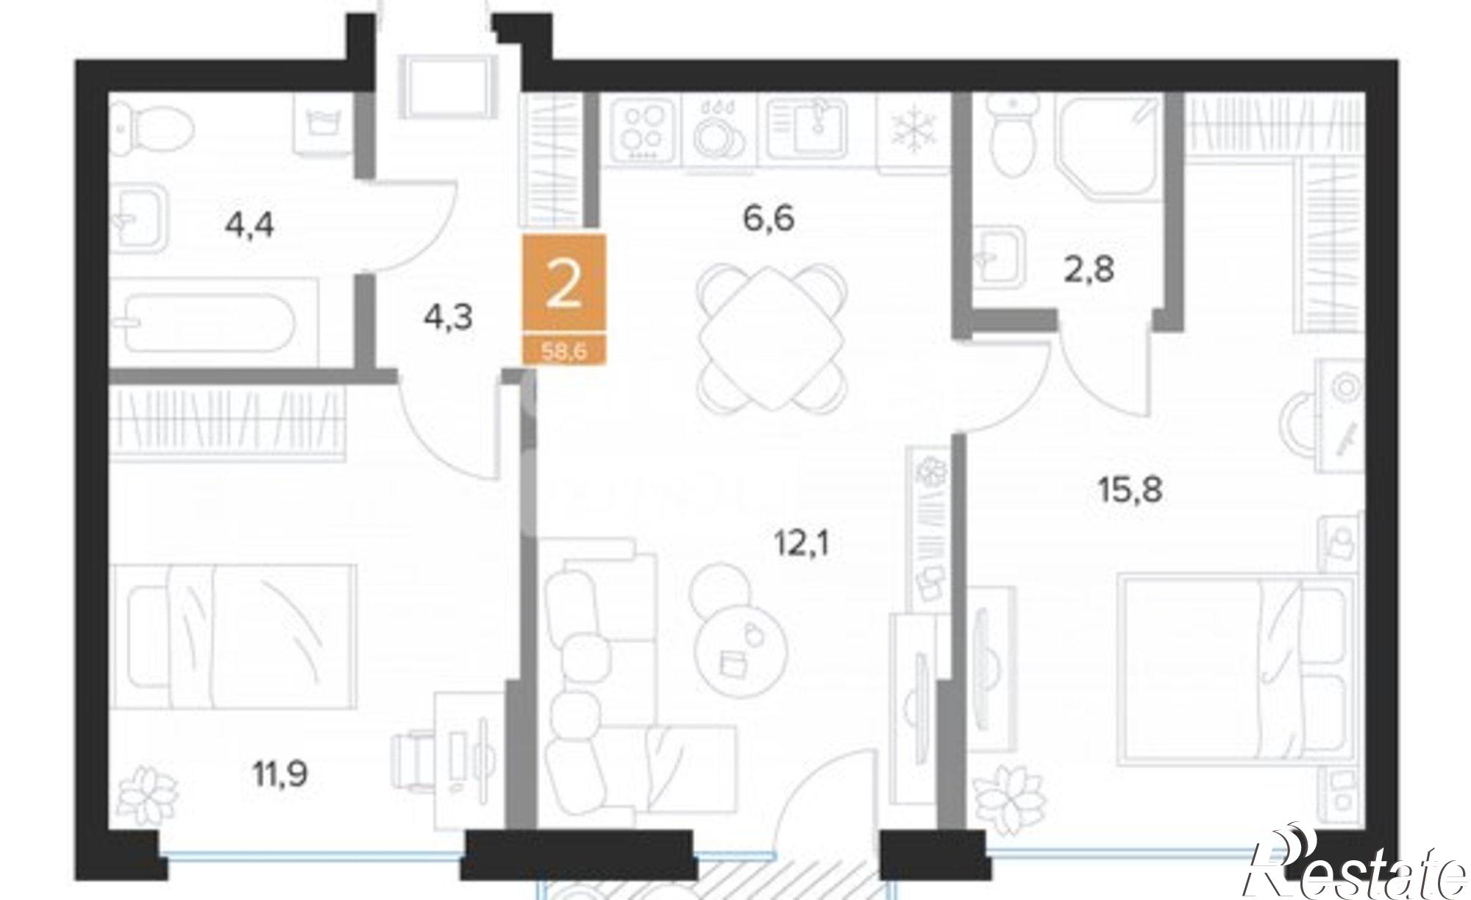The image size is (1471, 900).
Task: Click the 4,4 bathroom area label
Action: point(249,224)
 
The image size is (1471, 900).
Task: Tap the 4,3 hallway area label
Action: point(447,318)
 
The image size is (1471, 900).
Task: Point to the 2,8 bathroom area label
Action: point(1089,269)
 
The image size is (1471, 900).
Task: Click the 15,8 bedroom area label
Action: point(1130,489)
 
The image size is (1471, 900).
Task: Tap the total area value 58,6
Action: point(563,352)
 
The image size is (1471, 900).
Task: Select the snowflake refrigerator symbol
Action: point(911,131)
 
